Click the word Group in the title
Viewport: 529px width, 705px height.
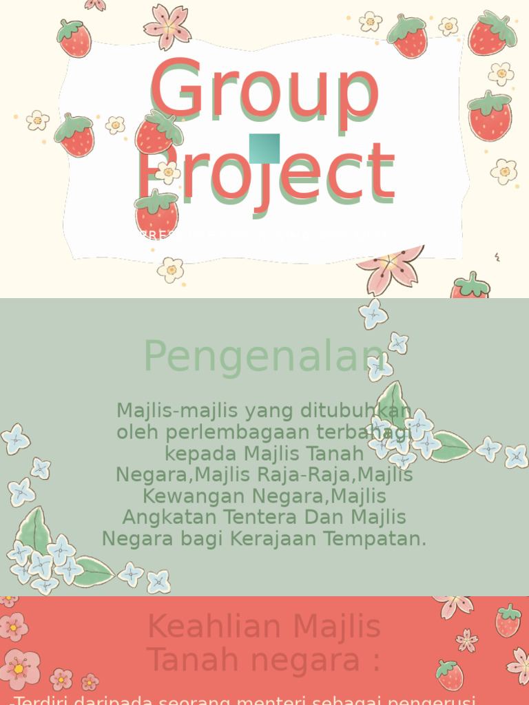coord(264,90)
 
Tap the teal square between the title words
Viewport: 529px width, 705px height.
coord(264,148)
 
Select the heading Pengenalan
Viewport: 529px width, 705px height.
coord(264,357)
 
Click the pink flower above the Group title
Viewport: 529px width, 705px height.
coord(167,26)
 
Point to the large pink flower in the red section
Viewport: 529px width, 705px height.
coord(19,669)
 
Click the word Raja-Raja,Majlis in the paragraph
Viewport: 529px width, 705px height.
coord(338,475)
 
